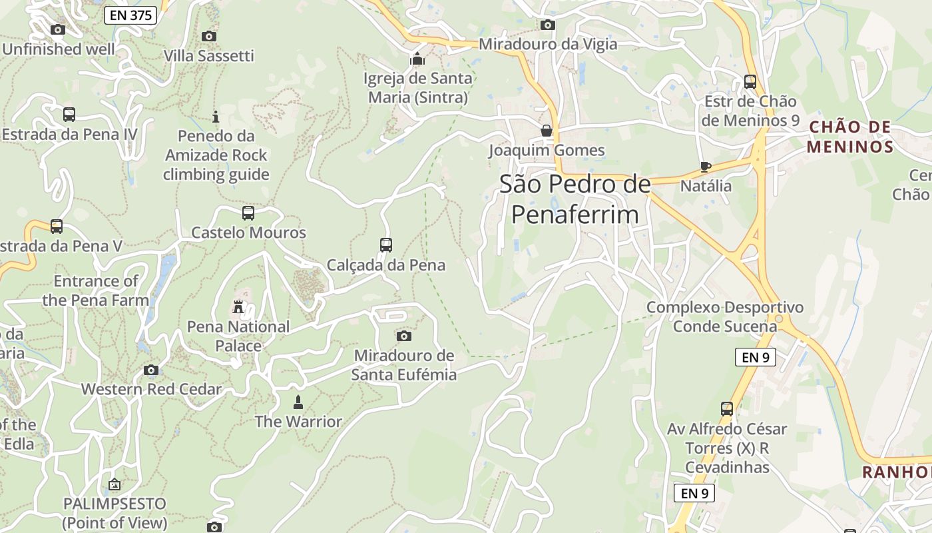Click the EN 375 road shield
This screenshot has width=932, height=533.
130,15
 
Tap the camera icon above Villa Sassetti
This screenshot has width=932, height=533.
209,36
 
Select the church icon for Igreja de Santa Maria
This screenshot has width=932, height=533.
417,59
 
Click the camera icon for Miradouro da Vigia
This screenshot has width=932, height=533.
548,25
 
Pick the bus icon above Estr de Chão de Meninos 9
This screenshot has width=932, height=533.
750,82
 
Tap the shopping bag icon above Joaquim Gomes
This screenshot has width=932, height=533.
547,131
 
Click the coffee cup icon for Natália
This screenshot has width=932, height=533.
706,167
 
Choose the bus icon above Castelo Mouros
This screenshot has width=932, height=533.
248,213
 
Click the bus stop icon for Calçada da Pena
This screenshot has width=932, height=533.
386,245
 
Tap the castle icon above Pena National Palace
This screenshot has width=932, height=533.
238,307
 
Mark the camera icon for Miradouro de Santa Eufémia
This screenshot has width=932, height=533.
403,336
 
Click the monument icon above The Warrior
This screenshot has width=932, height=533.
298,402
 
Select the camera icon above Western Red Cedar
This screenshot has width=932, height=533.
151,370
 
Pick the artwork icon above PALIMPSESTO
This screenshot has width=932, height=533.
115,484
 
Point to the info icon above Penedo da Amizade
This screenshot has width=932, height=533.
216,117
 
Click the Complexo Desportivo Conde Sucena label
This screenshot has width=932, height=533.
725,317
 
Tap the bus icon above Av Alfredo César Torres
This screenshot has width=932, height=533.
727,409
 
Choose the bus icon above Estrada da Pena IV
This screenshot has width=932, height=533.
69,115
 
